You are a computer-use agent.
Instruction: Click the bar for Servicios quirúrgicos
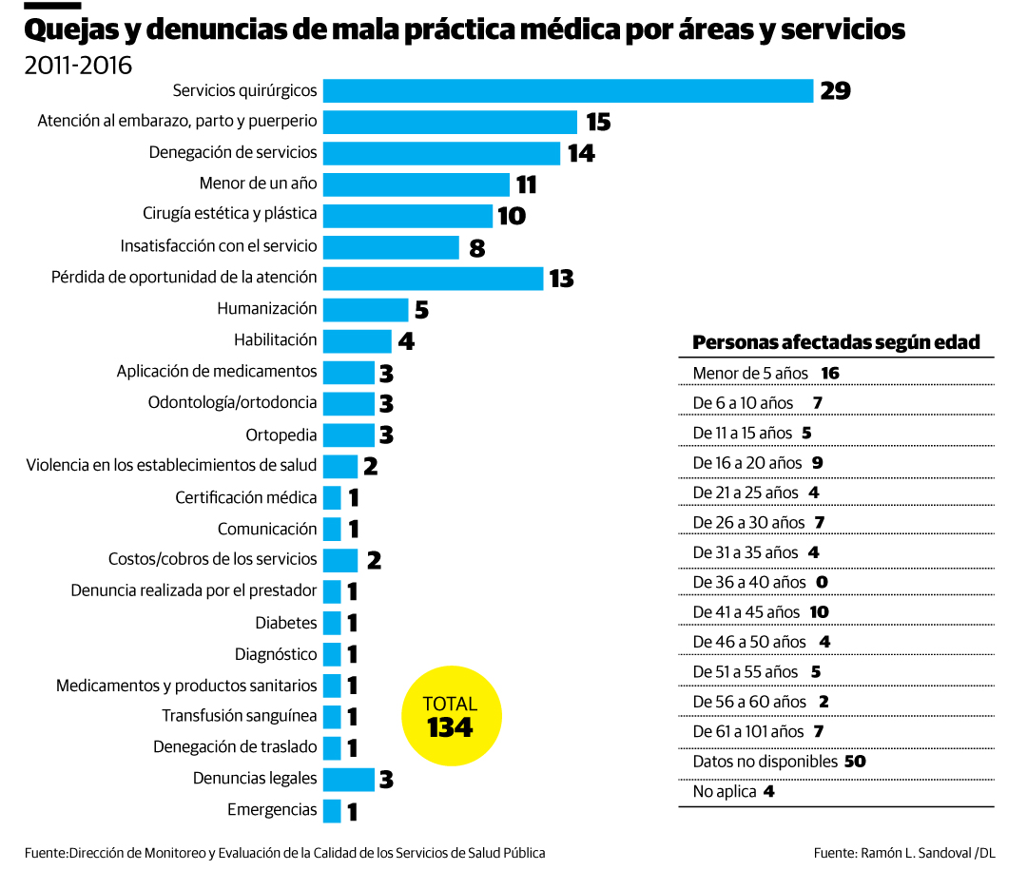pyautogui.click(x=568, y=90)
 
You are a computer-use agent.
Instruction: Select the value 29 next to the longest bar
pyautogui.click(x=835, y=91)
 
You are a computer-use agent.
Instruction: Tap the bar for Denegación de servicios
pyautogui.click(x=441, y=153)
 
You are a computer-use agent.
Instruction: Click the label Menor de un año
pyautogui.click(x=258, y=183)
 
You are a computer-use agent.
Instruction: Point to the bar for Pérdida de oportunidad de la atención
pyautogui.click(x=433, y=278)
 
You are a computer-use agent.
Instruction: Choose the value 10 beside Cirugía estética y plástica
pyautogui.click(x=511, y=216)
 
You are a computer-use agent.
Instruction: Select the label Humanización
pyautogui.click(x=266, y=308)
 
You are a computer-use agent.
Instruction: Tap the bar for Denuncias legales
pyautogui.click(x=348, y=779)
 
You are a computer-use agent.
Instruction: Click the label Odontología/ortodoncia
pyautogui.click(x=232, y=402)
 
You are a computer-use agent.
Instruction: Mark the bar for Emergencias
pyautogui.click(x=332, y=810)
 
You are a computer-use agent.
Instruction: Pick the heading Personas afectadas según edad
pyautogui.click(x=836, y=342)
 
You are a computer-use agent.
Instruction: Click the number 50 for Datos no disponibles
pyautogui.click(x=854, y=762)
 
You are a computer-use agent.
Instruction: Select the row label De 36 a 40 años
pyautogui.click(x=749, y=582)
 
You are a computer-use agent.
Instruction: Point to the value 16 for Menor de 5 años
pyautogui.click(x=830, y=373)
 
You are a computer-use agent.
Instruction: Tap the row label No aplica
pyautogui.click(x=725, y=791)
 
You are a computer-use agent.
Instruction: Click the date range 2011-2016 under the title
pyautogui.click(x=78, y=66)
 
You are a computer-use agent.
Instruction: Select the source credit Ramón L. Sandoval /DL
pyautogui.click(x=904, y=853)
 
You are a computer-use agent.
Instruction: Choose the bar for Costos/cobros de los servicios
pyautogui.click(x=339, y=559)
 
